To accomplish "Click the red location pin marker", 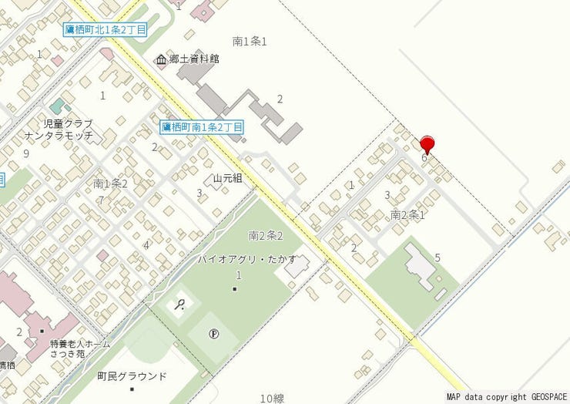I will click(x=427, y=143).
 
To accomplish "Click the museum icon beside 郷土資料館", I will click(x=162, y=60).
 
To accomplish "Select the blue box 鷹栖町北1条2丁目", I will click(x=106, y=29).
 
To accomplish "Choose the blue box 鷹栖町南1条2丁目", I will click(x=203, y=126).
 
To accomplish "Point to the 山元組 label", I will click(x=228, y=178).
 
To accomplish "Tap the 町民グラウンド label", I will click(x=132, y=376).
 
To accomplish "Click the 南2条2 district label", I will click(x=266, y=235).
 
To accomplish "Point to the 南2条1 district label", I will click(x=407, y=214).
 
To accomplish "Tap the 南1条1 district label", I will click(x=249, y=41).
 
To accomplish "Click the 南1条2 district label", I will click(x=110, y=183).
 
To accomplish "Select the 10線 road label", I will click(x=272, y=398).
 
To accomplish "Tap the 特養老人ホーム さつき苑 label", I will click(x=80, y=348).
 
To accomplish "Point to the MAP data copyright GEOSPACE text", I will click(x=506, y=397).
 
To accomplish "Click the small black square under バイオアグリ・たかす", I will click(x=235, y=289).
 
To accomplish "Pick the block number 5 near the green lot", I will click(x=438, y=257).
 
